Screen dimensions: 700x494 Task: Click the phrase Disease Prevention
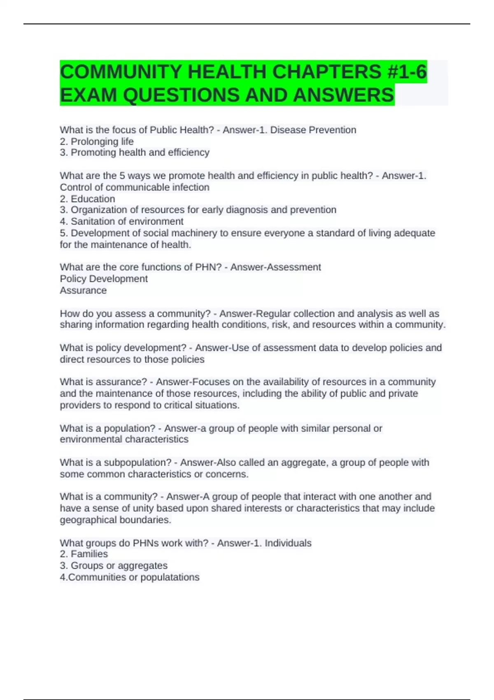(313, 130)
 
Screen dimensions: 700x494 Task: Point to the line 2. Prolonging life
(97, 142)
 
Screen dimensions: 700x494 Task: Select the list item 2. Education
(87, 199)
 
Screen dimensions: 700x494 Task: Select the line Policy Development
(104, 279)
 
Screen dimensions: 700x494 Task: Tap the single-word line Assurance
(83, 290)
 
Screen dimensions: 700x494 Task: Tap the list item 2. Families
(84, 554)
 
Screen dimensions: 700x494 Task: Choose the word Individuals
(288, 543)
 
